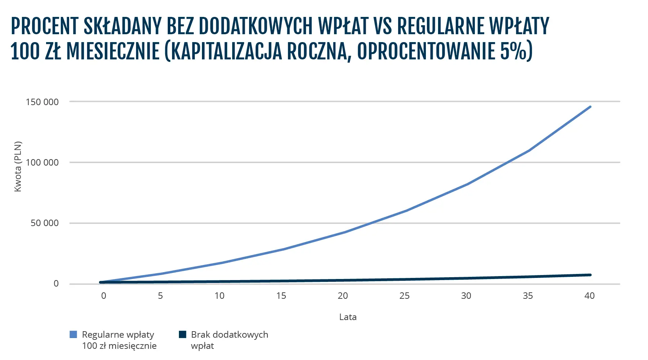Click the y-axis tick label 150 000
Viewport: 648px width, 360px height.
[42, 102]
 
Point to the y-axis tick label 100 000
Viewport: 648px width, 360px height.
[42, 162]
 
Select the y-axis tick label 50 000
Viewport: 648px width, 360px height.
[44, 223]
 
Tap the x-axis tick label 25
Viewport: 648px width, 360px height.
[404, 296]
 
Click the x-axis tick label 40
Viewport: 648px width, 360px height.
[589, 296]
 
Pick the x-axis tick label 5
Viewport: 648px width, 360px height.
[160, 296]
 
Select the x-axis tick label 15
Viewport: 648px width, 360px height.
[281, 296]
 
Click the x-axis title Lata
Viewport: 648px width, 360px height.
[348, 317]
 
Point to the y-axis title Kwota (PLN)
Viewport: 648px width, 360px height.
[18, 166]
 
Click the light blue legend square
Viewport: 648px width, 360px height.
[73, 334]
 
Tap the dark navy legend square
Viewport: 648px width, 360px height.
[183, 334]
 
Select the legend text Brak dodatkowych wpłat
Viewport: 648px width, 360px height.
[229, 340]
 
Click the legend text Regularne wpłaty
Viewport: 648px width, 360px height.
[118, 335]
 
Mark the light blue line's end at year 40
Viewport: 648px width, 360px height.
[590, 107]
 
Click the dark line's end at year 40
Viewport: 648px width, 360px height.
[590, 275]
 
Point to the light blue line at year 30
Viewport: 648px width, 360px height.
[467, 184]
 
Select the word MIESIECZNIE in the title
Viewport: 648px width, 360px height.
[113, 51]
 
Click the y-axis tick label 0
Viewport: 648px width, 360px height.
[56, 284]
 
